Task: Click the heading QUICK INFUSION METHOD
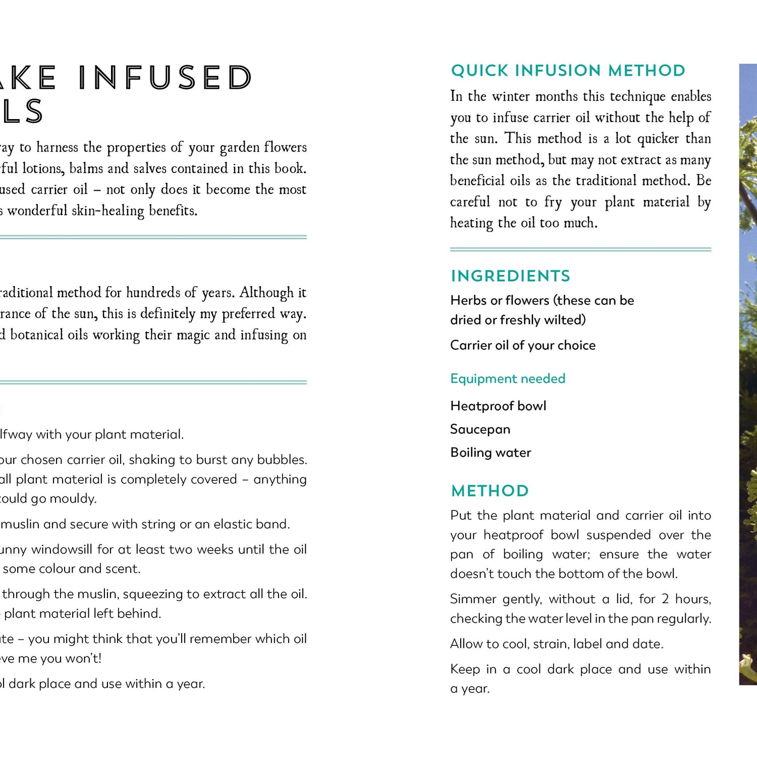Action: (568, 71)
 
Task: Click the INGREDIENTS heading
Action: (510, 276)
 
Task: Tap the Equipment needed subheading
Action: (507, 379)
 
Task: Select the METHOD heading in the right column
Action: (490, 491)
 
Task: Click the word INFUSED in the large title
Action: (165, 78)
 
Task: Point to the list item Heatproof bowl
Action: (498, 406)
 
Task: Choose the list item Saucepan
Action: (480, 429)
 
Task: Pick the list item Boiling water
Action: (491, 452)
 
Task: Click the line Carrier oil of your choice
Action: (522, 345)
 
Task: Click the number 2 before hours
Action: (665, 599)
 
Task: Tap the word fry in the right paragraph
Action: (553, 202)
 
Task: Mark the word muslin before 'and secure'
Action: (20, 524)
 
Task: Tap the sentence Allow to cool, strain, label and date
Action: (557, 644)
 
